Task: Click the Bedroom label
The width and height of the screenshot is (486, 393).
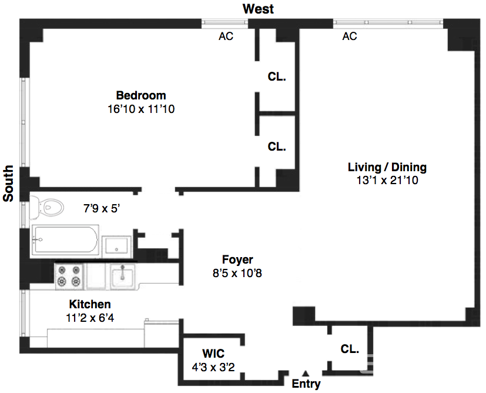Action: tap(140, 95)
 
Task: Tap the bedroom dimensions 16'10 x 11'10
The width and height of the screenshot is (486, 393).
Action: tap(140, 109)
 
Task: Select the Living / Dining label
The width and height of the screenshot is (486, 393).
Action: tap(387, 167)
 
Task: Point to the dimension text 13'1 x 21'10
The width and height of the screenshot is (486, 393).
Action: tap(387, 181)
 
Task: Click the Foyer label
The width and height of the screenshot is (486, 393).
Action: tap(237, 259)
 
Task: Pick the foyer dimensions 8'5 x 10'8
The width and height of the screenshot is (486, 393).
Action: tap(237, 273)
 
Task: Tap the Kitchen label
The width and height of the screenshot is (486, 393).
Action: tap(90, 304)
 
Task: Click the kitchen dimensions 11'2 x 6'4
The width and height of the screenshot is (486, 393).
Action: tap(90, 318)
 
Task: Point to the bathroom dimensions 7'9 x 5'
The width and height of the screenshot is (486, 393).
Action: tap(105, 208)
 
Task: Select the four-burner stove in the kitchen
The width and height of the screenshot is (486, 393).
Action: tap(68, 275)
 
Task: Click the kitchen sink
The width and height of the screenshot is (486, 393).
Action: tap(122, 275)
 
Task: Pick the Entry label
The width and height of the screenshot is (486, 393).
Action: tap(307, 385)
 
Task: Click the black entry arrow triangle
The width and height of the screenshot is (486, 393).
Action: tap(306, 372)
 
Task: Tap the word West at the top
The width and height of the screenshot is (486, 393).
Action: tap(258, 9)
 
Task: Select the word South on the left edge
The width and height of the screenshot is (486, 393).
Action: tap(8, 184)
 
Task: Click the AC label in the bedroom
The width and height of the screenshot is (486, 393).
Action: tap(226, 36)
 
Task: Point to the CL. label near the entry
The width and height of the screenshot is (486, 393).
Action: tap(350, 349)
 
